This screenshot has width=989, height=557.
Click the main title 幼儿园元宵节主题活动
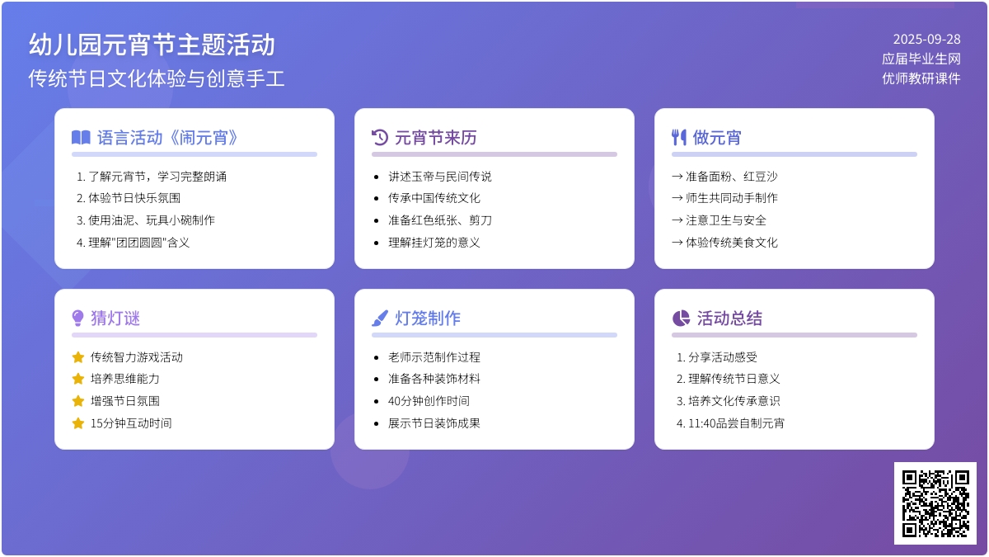[152, 45]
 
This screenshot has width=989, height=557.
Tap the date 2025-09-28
[926, 40]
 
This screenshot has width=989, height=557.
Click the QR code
[935, 503]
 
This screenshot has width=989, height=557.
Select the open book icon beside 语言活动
[81, 138]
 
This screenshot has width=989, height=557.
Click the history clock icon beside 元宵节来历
[380, 138]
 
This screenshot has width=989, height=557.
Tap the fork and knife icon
[679, 138]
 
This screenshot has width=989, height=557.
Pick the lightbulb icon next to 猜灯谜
[77, 318]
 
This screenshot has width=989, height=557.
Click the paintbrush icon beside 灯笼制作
[380, 318]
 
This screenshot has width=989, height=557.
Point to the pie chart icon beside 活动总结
[681, 318]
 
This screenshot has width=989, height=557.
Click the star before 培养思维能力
[78, 379]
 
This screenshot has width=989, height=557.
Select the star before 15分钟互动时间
[78, 423]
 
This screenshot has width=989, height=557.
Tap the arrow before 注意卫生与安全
[677, 220]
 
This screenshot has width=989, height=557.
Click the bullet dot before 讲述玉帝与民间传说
[376, 177]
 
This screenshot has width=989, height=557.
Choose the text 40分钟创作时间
[429, 401]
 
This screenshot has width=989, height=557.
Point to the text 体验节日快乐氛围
[134, 198]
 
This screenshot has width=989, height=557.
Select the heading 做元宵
[717, 138]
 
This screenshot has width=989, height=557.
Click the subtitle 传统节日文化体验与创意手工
[157, 78]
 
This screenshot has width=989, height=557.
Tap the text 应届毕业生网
[921, 59]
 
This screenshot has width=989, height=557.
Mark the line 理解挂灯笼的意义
[434, 243]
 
